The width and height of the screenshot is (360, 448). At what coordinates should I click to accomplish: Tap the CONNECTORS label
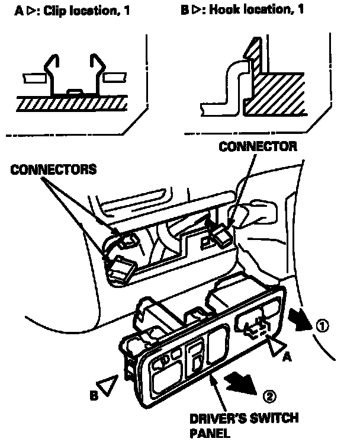(53, 169)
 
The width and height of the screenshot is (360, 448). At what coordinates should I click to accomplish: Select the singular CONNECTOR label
(258, 146)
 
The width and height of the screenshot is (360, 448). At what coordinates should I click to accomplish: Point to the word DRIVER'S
(216, 418)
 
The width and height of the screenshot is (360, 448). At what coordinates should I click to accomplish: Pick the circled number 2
(268, 395)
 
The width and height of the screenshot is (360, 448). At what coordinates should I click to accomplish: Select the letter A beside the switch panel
(288, 357)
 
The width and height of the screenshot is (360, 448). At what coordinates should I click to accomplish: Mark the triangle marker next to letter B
(107, 387)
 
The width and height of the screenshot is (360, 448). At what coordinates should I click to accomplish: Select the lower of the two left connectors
(120, 270)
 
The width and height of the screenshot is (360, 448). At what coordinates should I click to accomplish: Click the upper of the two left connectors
(126, 240)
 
